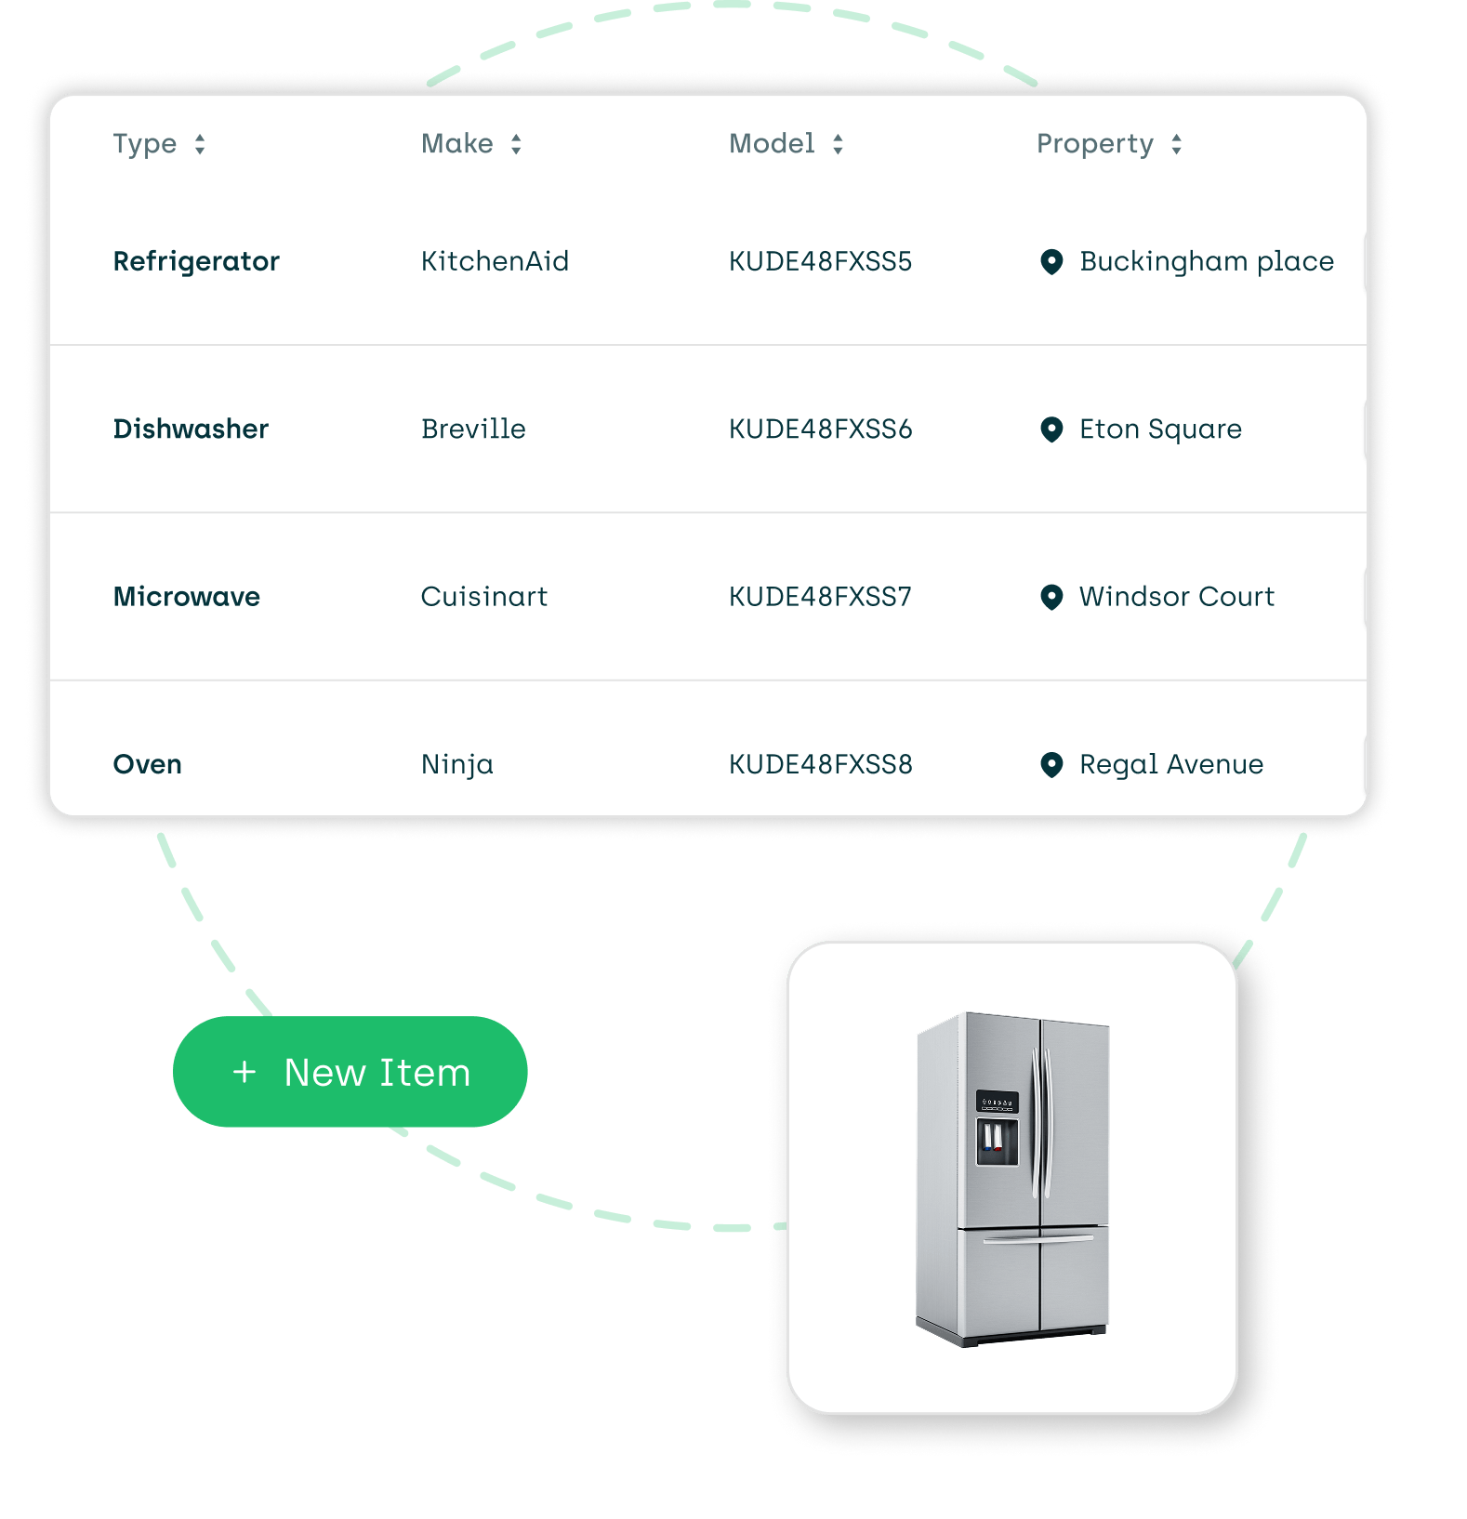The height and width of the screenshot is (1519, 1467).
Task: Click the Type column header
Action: click(x=145, y=144)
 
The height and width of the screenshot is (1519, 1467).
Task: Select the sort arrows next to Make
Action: click(x=516, y=144)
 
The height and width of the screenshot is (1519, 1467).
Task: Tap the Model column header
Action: click(x=772, y=144)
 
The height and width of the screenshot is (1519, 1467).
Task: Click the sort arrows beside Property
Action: click(x=1176, y=144)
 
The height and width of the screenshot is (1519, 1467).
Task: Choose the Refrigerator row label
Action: click(x=196, y=261)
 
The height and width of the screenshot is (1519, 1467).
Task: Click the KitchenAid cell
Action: click(x=495, y=261)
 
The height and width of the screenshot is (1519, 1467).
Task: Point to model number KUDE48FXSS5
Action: click(x=820, y=261)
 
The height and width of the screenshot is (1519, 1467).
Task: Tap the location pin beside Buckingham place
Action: click(x=1051, y=261)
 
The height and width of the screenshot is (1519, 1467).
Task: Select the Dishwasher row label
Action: click(x=191, y=429)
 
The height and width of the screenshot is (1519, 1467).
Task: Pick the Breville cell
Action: click(x=473, y=429)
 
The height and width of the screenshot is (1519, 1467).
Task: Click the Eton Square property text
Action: click(x=1160, y=429)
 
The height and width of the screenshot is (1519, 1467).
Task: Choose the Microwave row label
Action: click(x=187, y=597)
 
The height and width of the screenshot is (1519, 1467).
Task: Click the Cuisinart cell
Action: click(x=484, y=597)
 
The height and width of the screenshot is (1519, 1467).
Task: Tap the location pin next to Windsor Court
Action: click(x=1051, y=597)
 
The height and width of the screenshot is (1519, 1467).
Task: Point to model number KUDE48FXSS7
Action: click(x=820, y=597)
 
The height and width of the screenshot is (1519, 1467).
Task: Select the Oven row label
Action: click(x=148, y=764)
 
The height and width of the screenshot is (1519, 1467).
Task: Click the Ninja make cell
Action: click(x=457, y=764)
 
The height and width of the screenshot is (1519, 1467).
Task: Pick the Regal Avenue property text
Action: click(x=1171, y=764)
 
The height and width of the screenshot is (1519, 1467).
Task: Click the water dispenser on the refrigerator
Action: click(x=997, y=1141)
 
